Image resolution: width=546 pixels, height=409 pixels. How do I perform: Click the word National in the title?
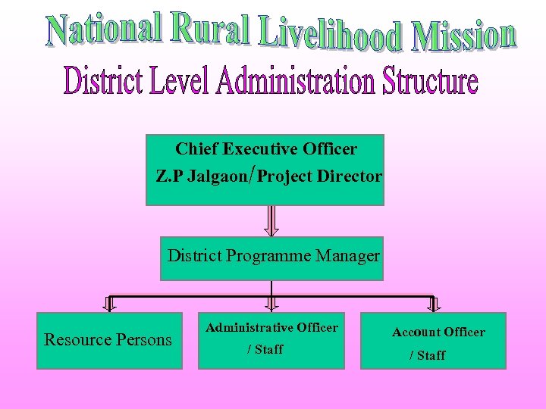click(x=105, y=28)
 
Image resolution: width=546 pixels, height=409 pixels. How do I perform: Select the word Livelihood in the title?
click(x=330, y=34)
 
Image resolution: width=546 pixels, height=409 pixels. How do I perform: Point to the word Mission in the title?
click(x=463, y=36)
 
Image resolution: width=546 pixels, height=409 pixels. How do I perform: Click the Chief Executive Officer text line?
click(x=266, y=149)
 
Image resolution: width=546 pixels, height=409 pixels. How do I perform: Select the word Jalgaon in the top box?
click(x=215, y=176)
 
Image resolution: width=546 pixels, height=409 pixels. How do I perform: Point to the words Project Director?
click(x=319, y=176)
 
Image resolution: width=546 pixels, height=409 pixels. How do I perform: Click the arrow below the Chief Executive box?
click(x=271, y=220)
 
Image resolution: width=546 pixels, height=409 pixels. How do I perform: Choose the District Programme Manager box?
click(x=271, y=258)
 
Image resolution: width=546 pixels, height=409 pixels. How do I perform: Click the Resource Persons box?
click(x=109, y=340)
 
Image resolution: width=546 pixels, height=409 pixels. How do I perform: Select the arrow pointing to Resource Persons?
click(x=109, y=304)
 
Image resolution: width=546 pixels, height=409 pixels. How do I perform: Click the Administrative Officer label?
click(x=271, y=327)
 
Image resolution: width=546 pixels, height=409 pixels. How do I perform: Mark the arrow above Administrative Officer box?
click(x=271, y=304)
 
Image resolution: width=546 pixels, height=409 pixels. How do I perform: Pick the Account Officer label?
click(x=438, y=332)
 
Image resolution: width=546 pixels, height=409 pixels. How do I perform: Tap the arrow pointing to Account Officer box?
click(x=433, y=304)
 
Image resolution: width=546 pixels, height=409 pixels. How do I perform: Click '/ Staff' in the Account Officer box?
click(x=428, y=355)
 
